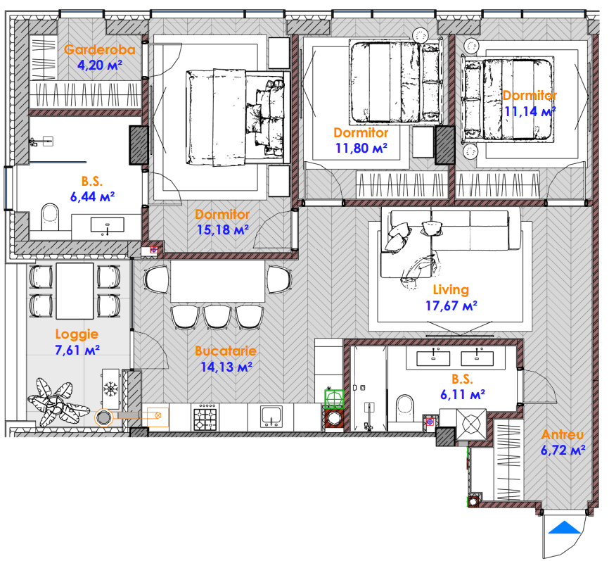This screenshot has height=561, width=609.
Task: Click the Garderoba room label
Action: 100,49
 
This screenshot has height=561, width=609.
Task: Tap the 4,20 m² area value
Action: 100,65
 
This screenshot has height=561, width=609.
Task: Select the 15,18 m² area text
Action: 222,229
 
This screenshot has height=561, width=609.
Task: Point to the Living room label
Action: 451,289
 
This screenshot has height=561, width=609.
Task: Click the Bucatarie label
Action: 226,351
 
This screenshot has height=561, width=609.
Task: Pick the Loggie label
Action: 77,334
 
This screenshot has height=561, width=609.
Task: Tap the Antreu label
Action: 563,434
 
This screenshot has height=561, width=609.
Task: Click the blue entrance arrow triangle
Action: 564,528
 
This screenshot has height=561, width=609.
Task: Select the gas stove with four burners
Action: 205,417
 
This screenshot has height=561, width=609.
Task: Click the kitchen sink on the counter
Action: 271,417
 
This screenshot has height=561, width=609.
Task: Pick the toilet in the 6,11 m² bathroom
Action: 404,408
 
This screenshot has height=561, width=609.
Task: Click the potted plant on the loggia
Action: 58,403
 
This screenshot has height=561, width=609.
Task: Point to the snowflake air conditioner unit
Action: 110,389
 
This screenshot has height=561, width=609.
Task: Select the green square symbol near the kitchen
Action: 334,398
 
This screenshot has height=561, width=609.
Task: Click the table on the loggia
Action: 75,291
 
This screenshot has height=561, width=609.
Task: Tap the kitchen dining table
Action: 218,281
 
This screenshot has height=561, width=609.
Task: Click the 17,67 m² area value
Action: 451,306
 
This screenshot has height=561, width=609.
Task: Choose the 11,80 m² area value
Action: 361,148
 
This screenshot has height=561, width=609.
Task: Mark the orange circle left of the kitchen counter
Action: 103,418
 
